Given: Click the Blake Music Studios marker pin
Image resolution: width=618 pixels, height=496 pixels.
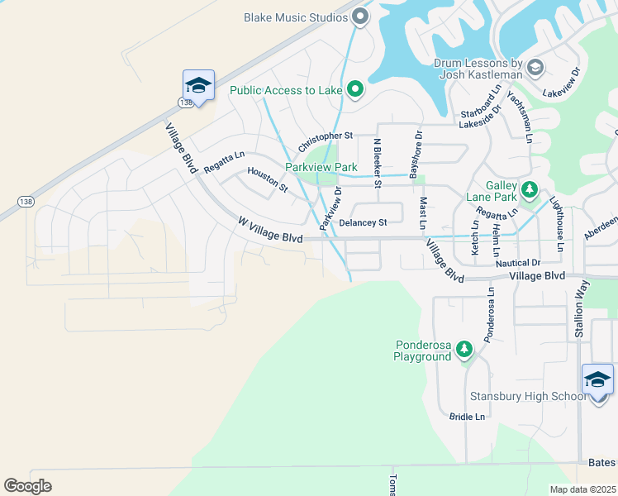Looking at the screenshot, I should (359, 16).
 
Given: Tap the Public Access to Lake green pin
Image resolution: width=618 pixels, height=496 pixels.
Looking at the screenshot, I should (355, 89).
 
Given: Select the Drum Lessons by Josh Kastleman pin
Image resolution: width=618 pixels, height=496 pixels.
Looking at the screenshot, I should (535, 67).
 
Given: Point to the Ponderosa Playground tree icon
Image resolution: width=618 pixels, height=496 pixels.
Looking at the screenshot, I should (464, 350).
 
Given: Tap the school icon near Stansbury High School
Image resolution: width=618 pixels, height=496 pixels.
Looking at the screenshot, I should (597, 379).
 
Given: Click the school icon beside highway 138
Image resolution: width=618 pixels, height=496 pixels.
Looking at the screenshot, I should (198, 85).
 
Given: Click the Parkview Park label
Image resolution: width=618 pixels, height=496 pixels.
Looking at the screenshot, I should (321, 166).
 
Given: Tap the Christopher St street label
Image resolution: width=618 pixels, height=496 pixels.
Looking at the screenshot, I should (326, 135).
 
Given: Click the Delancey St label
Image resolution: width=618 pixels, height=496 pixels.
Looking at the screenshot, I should (363, 222).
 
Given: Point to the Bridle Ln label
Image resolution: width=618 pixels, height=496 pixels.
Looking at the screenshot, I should (468, 417).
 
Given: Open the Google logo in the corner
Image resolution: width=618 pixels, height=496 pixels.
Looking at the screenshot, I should (28, 485).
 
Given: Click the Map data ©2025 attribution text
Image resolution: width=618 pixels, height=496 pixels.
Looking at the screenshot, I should (582, 489).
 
